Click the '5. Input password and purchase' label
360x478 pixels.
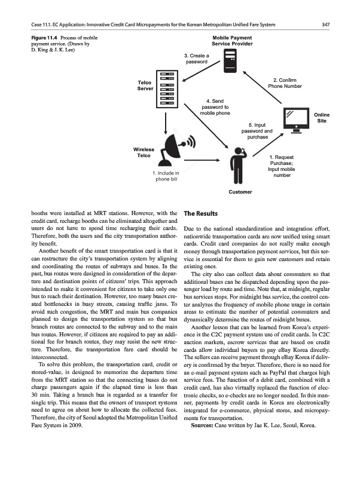257,131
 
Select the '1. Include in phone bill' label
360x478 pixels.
164,176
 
